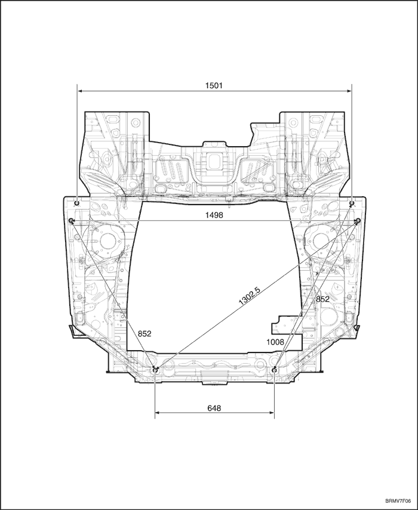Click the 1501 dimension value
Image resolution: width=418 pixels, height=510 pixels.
pos(214,85)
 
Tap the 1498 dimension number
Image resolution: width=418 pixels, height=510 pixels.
pos(214,216)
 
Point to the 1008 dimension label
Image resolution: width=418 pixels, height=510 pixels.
pos(275,342)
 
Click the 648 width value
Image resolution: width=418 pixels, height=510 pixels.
pos(214,408)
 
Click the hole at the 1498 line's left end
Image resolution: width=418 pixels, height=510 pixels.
pos(71,221)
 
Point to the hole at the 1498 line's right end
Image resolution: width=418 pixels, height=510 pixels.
pos(358,221)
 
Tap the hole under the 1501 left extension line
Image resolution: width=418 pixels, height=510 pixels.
pos(78,203)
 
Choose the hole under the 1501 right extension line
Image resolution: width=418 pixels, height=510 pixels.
pos(352,203)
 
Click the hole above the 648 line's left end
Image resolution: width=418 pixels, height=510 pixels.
pos(155,370)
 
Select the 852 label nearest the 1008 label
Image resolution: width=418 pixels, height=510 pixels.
pos(322,299)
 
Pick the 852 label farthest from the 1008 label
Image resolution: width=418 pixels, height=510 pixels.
pos(144,334)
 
